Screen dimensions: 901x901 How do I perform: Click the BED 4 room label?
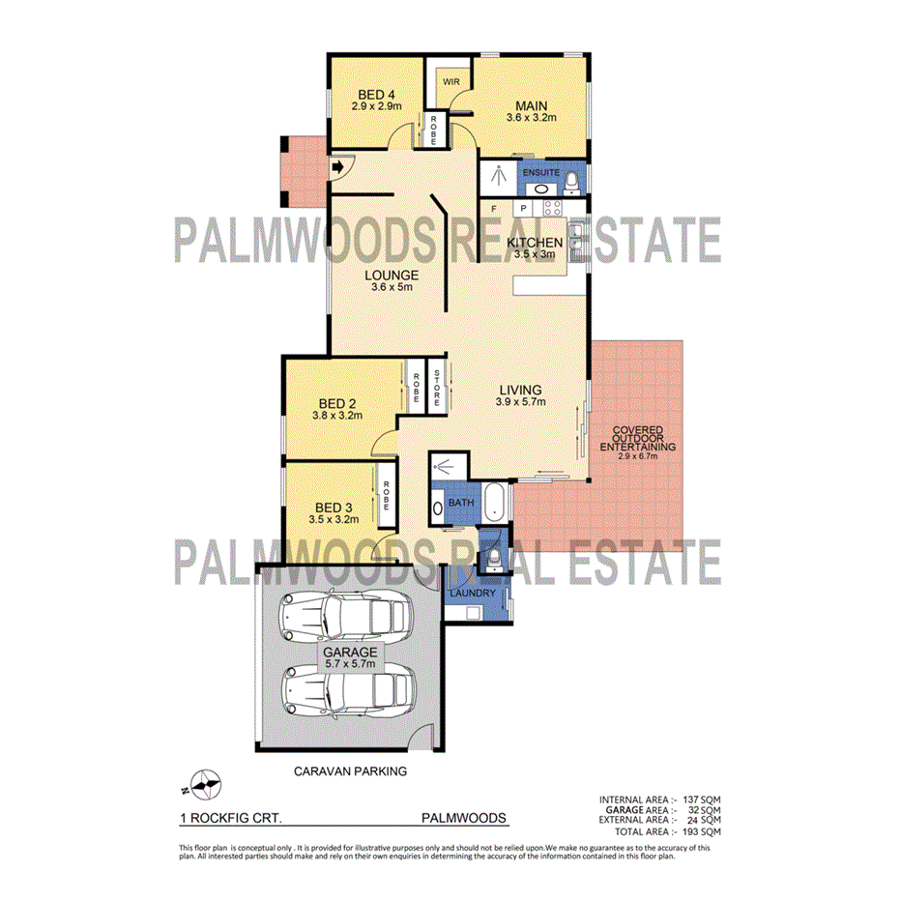tap(377, 93)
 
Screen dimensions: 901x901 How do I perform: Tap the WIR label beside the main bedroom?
tap(450, 82)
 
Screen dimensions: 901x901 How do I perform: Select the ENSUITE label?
tap(541, 172)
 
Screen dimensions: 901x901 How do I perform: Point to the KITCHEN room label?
tap(536, 242)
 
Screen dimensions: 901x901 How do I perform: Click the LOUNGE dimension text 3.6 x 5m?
tap(392, 287)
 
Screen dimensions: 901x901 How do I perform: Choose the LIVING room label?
tap(520, 390)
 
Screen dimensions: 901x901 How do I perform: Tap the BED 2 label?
tap(336, 403)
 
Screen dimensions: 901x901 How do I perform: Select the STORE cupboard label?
tap(436, 386)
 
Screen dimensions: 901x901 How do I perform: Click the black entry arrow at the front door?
tap(337, 167)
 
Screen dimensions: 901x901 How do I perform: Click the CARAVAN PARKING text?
tap(350, 771)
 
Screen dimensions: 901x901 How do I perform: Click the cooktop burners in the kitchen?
tap(552, 208)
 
